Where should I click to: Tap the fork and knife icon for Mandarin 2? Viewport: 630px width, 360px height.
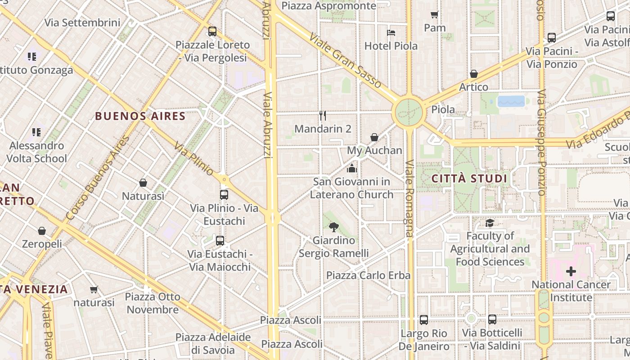(323, 116)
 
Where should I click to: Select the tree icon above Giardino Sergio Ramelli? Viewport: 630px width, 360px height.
(333, 227)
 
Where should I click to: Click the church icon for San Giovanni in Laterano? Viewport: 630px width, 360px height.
(351, 168)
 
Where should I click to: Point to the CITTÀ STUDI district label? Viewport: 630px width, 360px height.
(469, 179)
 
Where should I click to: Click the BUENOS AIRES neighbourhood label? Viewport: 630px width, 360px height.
(140, 116)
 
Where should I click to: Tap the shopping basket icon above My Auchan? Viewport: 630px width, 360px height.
(374, 137)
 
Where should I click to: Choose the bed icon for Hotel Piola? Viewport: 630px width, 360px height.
(391, 32)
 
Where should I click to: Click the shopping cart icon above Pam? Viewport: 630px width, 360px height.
(434, 14)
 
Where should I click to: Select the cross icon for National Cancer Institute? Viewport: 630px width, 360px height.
(571, 271)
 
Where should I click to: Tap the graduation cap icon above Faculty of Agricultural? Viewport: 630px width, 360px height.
(490, 223)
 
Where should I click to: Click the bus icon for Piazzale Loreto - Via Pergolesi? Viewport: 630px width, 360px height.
(212, 31)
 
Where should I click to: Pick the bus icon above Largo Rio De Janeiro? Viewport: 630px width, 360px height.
(424, 320)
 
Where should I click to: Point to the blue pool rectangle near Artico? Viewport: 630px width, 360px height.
(511, 101)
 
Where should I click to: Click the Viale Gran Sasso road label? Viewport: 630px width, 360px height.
(345, 60)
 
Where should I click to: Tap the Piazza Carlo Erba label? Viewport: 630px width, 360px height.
(368, 275)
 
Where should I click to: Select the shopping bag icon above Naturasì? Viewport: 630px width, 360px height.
(143, 183)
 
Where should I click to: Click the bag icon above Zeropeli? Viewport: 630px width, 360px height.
(42, 231)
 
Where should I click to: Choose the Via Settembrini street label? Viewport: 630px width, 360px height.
(82, 22)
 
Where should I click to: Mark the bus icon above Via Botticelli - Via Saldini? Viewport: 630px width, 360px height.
(492, 319)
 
